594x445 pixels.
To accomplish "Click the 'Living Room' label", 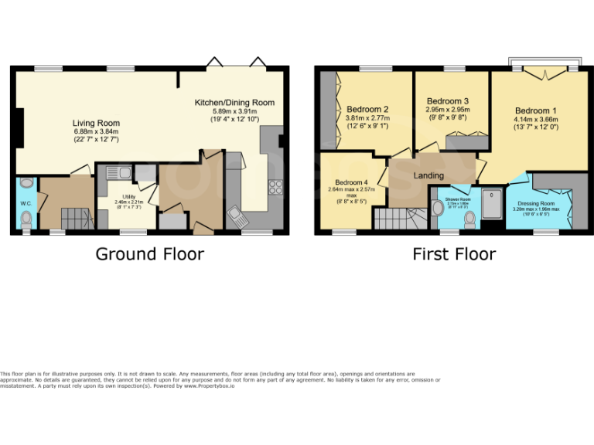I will click(x=96, y=123).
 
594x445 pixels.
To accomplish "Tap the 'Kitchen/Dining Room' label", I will click(x=234, y=103).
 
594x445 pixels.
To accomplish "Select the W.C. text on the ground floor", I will click(x=25, y=205).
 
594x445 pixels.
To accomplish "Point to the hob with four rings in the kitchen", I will click(x=274, y=186).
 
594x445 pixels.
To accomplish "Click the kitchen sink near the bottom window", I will click(x=237, y=214).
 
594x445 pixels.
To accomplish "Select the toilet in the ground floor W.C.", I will click(x=27, y=220).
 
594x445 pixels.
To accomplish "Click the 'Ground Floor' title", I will click(x=149, y=253).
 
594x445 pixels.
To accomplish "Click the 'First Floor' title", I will click(x=454, y=253).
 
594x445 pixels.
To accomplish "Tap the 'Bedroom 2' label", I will click(x=367, y=109).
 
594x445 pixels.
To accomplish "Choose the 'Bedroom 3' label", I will click(x=448, y=101).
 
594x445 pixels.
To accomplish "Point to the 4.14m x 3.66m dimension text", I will click(x=535, y=120).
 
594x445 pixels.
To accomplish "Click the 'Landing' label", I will click(x=429, y=176).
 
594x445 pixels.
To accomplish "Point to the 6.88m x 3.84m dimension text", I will click(x=96, y=132).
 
